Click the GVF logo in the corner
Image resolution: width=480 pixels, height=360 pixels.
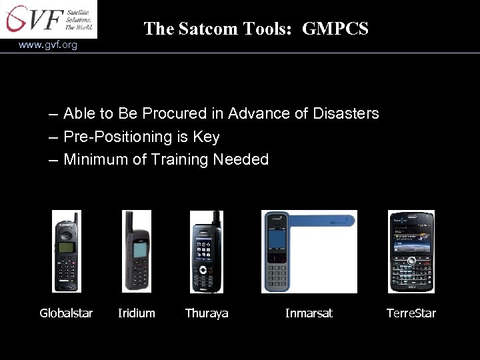click(x=48, y=19)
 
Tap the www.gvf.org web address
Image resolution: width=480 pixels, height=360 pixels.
click(x=48, y=45)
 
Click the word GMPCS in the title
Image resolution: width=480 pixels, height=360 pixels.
click(x=335, y=28)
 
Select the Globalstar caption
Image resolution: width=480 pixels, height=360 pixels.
click(x=66, y=313)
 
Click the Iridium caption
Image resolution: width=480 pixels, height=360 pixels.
click(x=136, y=313)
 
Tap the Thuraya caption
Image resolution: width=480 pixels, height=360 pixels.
click(x=207, y=313)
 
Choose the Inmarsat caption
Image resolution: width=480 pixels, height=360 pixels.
click(x=309, y=313)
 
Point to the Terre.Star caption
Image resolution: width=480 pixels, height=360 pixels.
click(x=411, y=313)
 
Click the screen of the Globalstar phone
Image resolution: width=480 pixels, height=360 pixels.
click(x=66, y=248)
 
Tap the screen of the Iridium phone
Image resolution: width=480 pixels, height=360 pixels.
click(x=139, y=250)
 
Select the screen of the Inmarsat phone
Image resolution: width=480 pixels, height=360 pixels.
click(x=277, y=239)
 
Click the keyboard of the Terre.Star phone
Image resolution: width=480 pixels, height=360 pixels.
click(x=411, y=273)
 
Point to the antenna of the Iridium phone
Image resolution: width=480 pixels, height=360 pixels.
click(x=127, y=223)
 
